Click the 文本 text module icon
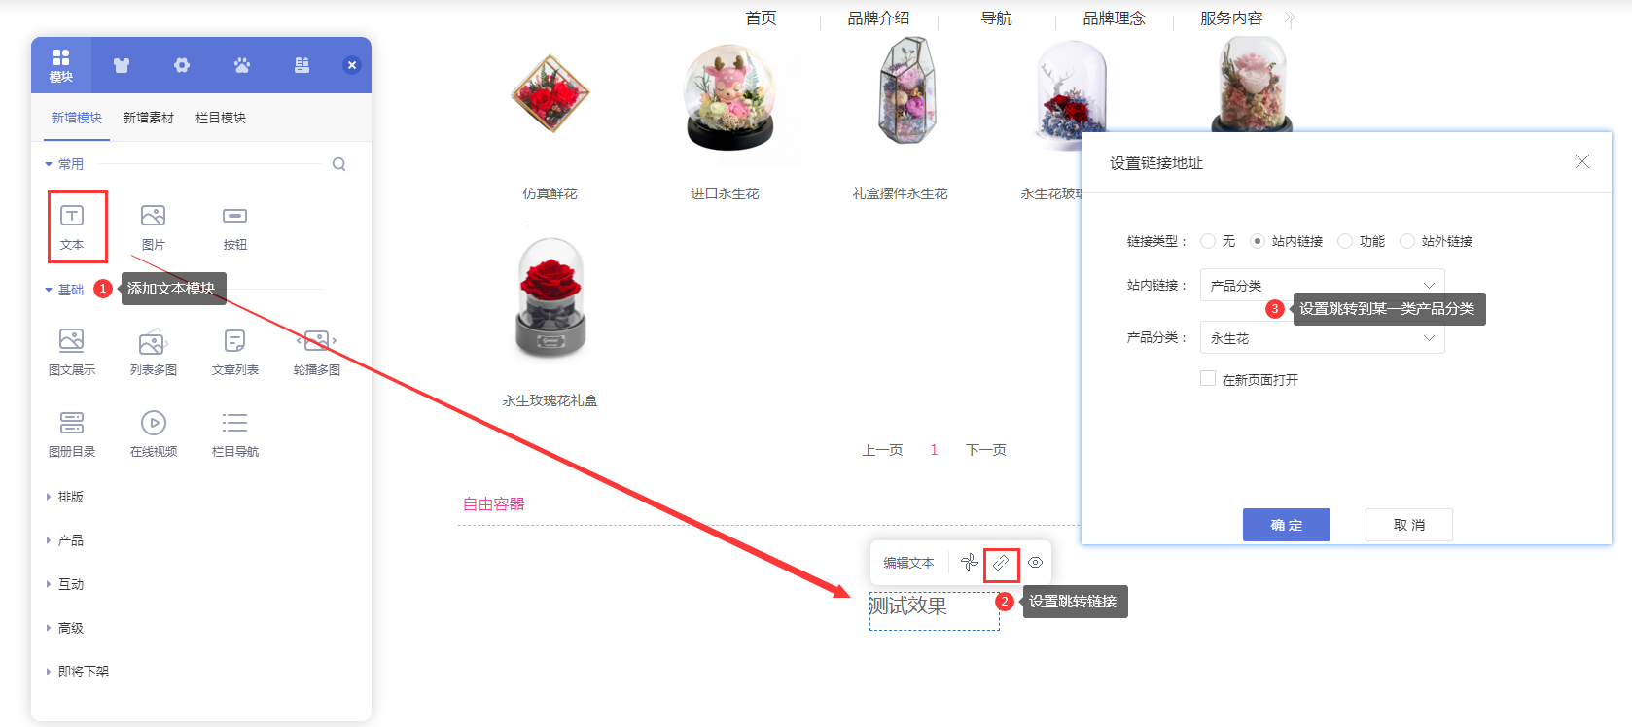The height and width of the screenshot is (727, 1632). coord(72,216)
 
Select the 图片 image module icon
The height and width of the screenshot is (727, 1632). coord(153,216)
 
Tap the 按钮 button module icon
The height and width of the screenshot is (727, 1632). coord(234,216)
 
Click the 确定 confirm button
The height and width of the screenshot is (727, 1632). coord(1286,525)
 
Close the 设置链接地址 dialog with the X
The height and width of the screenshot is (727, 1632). coord(1582,161)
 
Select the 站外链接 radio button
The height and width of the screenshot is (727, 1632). coord(1407,241)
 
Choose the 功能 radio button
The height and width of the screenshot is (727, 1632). coord(1345,241)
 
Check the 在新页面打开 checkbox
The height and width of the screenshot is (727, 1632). coord(1208,379)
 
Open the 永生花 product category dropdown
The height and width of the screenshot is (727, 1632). coord(1322,338)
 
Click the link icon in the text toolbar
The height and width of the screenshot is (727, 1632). coord(1001,563)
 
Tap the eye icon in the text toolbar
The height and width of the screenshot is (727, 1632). coord(1036,563)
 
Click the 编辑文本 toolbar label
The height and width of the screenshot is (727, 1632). coord(908,563)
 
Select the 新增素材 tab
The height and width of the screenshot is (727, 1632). coord(149,118)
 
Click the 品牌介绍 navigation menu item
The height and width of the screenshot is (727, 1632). coord(878,18)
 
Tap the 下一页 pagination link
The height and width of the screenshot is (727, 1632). coord(985,450)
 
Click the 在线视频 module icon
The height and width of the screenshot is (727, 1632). coord(154,423)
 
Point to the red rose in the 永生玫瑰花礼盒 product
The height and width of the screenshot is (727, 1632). coord(550,277)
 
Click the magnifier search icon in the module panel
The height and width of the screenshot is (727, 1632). coord(338,164)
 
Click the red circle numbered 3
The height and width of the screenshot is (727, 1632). coord(1274,309)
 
